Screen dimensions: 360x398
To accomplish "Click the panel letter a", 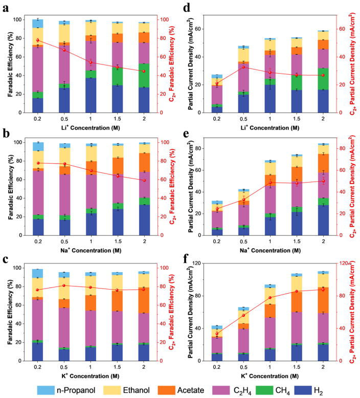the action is (x=6, y=8).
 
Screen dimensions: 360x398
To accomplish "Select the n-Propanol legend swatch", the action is (x=46, y=390).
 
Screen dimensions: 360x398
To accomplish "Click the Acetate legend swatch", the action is (x=166, y=390).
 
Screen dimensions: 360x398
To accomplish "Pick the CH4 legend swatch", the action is (x=264, y=390).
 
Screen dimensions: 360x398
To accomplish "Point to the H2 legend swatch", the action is (x=303, y=390).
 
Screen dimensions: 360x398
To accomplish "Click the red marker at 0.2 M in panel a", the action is (x=38, y=40).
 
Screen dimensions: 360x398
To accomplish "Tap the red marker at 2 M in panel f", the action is (x=323, y=290).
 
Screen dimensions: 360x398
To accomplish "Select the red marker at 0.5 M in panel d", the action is (x=243, y=67).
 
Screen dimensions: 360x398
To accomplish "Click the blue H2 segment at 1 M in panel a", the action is (x=91, y=95).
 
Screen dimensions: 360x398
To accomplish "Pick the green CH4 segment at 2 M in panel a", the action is (x=144, y=75).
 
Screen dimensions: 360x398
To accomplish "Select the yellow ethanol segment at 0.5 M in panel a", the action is (x=64, y=33).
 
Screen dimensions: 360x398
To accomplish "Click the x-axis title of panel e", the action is (x=270, y=250).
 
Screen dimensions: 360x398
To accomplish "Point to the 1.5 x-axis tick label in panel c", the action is (x=117, y=367).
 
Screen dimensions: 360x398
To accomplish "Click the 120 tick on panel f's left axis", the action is (x=196, y=263).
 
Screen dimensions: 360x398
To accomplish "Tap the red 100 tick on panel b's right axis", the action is (x=165, y=142).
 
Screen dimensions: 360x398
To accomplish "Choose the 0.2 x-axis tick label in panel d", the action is (x=217, y=119).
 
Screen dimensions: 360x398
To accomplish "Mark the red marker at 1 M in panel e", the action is (x=270, y=183).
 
